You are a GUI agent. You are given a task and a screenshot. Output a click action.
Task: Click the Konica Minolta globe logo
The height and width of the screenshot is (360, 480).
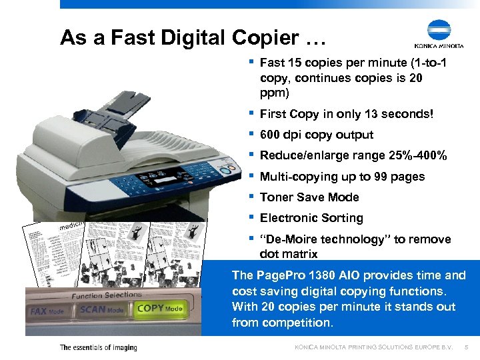tap(439, 30)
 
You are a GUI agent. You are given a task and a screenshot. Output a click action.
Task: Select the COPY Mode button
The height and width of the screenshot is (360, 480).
tap(159, 309)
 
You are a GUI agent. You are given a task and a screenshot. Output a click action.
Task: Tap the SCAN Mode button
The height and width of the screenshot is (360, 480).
tap(101, 309)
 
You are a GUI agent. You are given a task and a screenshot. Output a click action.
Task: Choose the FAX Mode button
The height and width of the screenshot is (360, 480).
tap(47, 311)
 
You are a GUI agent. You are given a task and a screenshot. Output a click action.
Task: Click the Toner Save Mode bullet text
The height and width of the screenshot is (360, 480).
tap(309, 197)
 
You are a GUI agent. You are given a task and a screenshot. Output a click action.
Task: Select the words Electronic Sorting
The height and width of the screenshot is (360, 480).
tap(311, 218)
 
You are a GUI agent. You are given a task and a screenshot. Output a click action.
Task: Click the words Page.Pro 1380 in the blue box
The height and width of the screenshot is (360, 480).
tap(287, 275)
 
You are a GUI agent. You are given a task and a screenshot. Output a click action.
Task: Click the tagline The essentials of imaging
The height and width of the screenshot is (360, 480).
tap(98, 347)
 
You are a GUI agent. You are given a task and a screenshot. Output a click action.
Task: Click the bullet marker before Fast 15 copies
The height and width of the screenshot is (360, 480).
tap(250, 62)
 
